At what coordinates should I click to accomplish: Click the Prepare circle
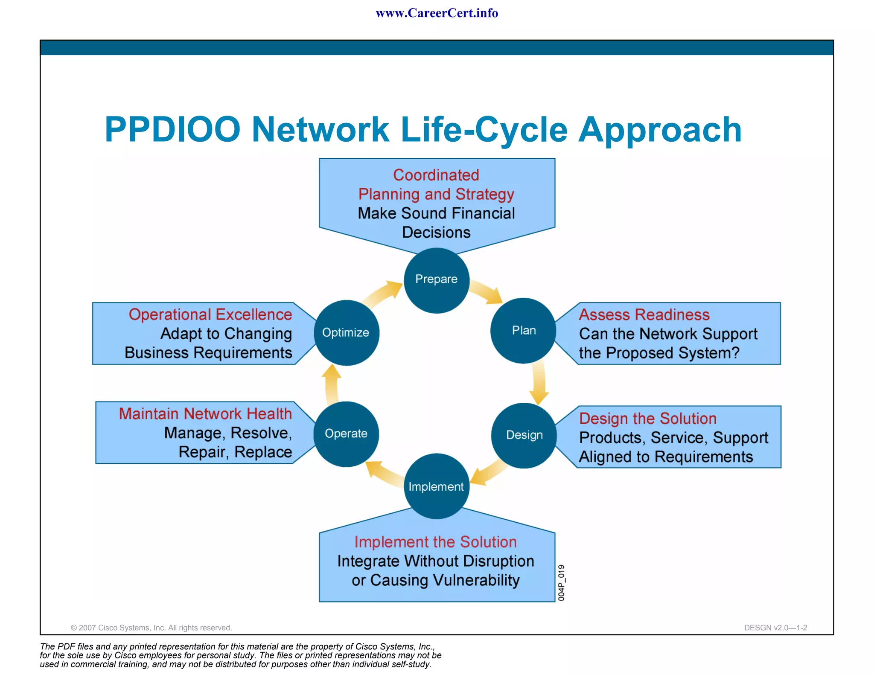tap(436, 280)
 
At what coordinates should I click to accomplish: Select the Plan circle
tap(523, 331)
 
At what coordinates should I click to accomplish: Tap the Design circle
tap(524, 435)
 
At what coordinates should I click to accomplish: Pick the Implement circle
tap(436, 486)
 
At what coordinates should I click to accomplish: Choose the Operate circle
tap(346, 434)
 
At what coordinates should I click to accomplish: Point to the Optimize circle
tap(346, 333)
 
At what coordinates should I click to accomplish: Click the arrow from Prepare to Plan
tap(487, 293)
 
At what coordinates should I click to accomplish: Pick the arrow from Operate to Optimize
tap(332, 384)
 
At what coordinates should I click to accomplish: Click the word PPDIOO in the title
tap(172, 129)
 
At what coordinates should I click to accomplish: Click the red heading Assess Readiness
tap(644, 315)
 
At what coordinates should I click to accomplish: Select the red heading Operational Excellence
tap(210, 314)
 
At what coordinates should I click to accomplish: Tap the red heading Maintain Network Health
tap(205, 414)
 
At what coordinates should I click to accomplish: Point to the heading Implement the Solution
tap(435, 542)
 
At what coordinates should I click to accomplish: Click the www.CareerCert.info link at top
tap(437, 13)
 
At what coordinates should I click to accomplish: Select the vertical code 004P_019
tap(561, 582)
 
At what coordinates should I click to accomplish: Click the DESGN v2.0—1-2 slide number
tap(775, 628)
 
